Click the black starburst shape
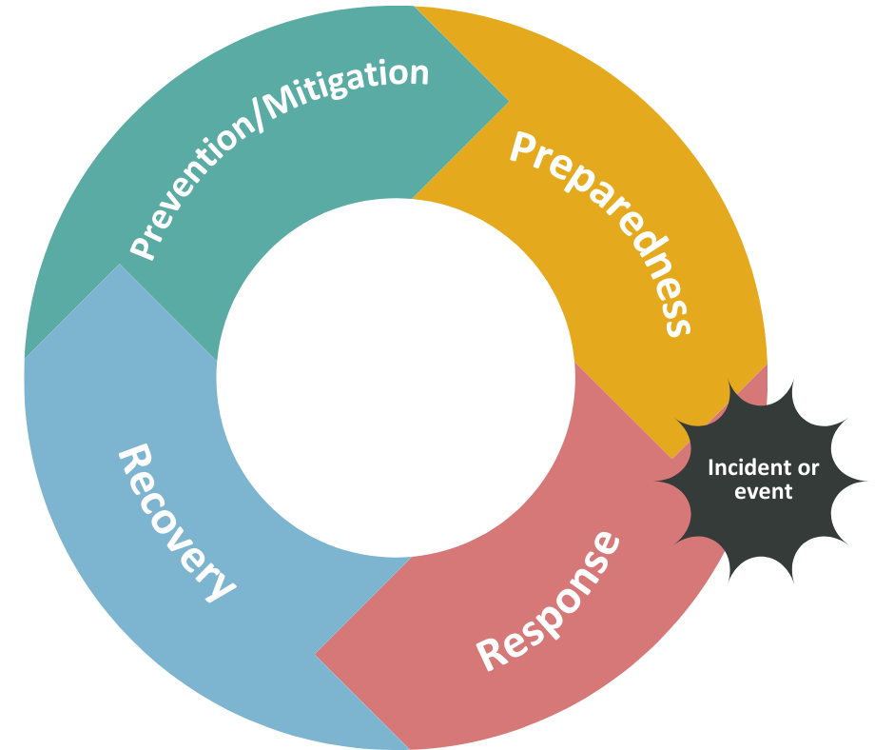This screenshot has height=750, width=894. click(761, 481)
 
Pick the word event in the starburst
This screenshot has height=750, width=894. click(764, 492)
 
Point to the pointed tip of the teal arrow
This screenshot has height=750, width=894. click(508, 99)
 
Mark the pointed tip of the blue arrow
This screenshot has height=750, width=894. click(120, 266)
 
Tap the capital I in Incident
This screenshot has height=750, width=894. click(711, 468)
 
